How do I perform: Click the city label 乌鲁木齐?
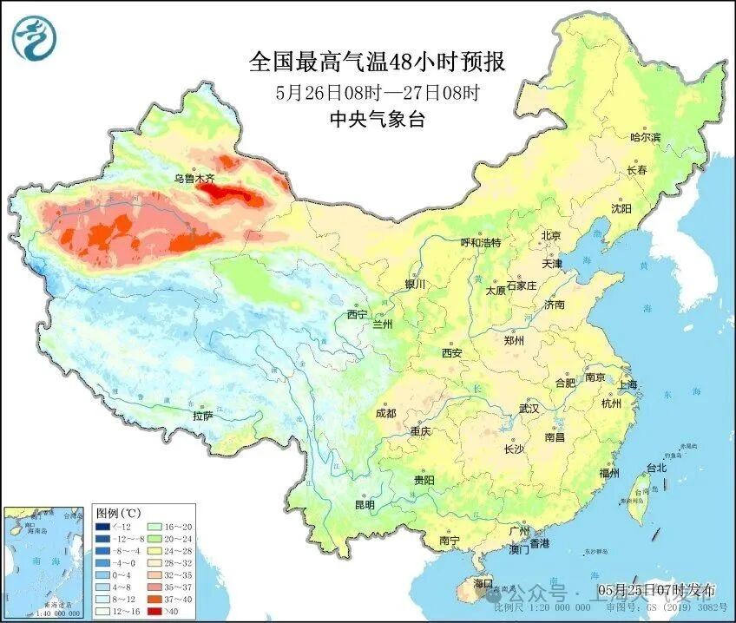point(194,178)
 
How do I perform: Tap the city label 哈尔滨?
point(645,137)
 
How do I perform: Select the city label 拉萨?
point(201,416)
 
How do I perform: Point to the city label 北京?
point(552,235)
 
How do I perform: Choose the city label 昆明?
point(364,504)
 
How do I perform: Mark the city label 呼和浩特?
point(480,243)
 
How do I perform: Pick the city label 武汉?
point(529,408)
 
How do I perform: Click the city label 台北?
point(656,468)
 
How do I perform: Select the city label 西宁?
point(358,313)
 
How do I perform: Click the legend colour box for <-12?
point(103,527)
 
